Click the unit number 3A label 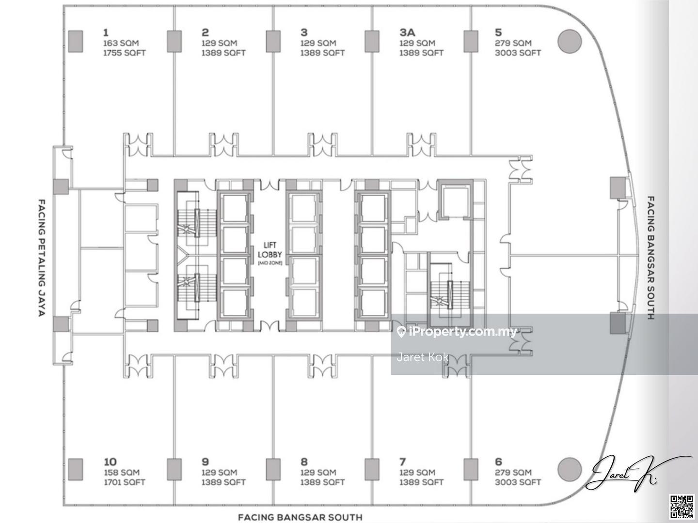[407, 32]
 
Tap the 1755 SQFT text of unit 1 [125, 53]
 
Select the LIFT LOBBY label [270, 250]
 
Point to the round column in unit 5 [570, 41]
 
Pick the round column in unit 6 [570, 469]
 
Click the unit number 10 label [110, 461]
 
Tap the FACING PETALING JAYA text [42, 258]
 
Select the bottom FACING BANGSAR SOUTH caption [300, 517]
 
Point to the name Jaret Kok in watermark [423, 357]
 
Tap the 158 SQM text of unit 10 [122, 473]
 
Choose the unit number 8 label [304, 461]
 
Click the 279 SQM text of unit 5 [513, 43]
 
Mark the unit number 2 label [205, 32]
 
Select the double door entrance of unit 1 [138, 145]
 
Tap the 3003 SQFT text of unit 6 [518, 482]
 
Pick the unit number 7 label [403, 461]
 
